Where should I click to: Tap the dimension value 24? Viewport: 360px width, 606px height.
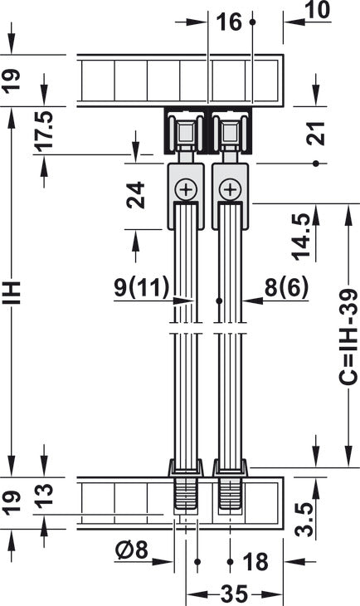(x=136, y=195)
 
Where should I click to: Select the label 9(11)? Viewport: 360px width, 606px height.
(x=142, y=287)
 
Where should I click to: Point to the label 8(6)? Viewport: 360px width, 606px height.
(x=286, y=287)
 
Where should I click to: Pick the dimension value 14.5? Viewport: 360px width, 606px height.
(x=301, y=237)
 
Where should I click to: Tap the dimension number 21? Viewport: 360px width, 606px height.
(x=316, y=133)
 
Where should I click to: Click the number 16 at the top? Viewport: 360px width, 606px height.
(x=229, y=22)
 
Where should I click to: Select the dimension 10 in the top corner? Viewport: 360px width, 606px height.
(x=318, y=10)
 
